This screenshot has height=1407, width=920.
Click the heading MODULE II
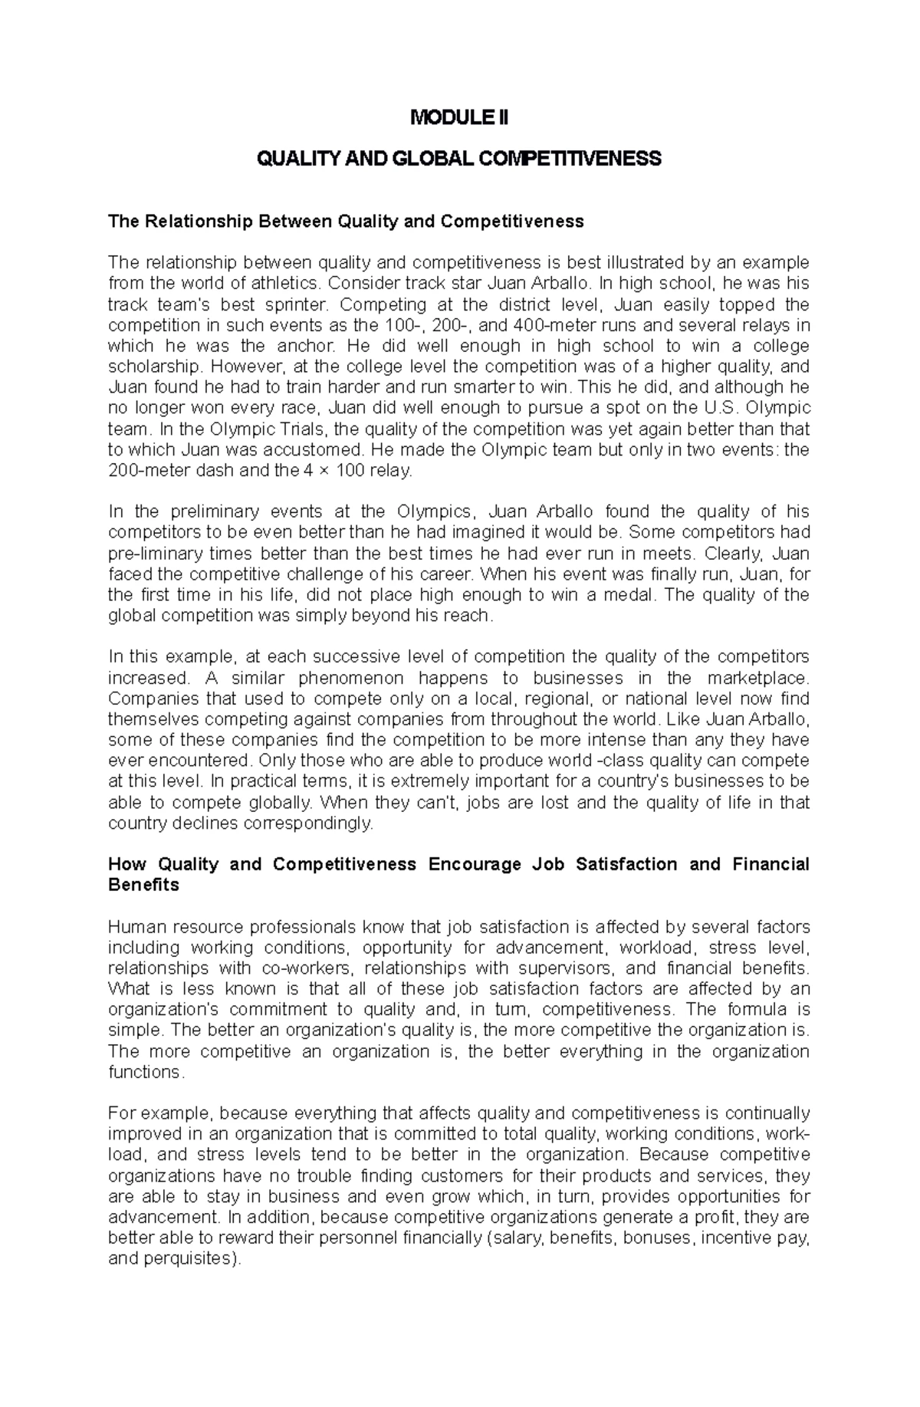459,118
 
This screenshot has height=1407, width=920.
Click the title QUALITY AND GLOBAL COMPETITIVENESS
459,159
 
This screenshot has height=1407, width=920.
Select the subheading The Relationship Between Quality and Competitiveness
346,222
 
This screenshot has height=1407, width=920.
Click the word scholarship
153,367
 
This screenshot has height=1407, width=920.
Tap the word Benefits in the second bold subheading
143,885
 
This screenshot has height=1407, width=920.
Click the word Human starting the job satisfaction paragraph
134,926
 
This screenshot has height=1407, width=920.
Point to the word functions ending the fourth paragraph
145,1072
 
